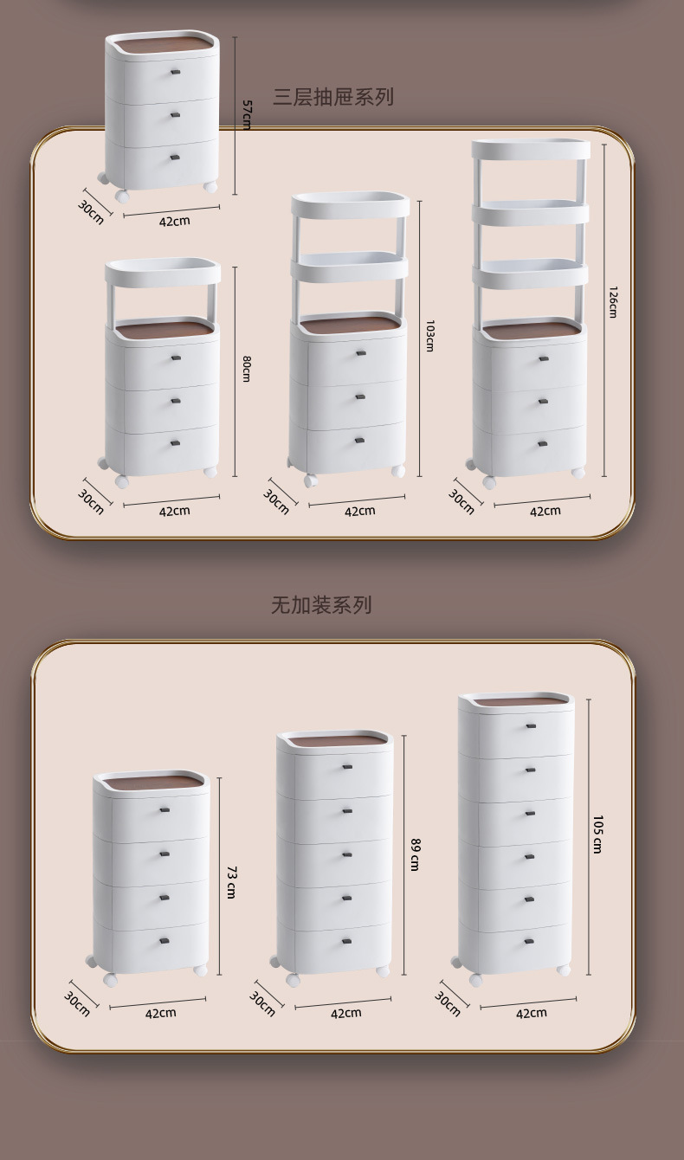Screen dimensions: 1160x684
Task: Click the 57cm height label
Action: (x=246, y=114)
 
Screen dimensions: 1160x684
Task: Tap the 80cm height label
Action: (x=246, y=370)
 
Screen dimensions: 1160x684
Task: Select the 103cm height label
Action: (x=429, y=336)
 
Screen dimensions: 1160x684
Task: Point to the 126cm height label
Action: (x=612, y=302)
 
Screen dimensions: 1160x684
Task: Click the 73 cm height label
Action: (x=231, y=881)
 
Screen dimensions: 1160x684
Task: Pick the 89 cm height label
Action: (x=415, y=854)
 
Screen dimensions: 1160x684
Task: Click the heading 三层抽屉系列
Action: (x=333, y=97)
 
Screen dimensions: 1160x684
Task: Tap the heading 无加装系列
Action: (x=321, y=605)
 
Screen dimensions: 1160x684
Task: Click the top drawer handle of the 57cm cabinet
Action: (x=175, y=72)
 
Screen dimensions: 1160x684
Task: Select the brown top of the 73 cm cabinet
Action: (x=152, y=784)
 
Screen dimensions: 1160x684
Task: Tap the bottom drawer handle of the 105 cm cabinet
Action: (x=529, y=940)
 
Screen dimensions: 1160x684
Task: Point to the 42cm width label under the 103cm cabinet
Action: (x=359, y=511)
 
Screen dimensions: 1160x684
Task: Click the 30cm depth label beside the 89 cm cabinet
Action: (x=262, y=1004)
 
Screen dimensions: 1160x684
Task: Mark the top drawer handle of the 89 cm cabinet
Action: (x=346, y=767)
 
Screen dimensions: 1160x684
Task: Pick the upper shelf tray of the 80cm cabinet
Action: (x=163, y=272)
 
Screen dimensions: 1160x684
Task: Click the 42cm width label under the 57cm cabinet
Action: (x=174, y=221)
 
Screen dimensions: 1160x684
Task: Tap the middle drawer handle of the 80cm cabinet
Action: (x=174, y=400)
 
